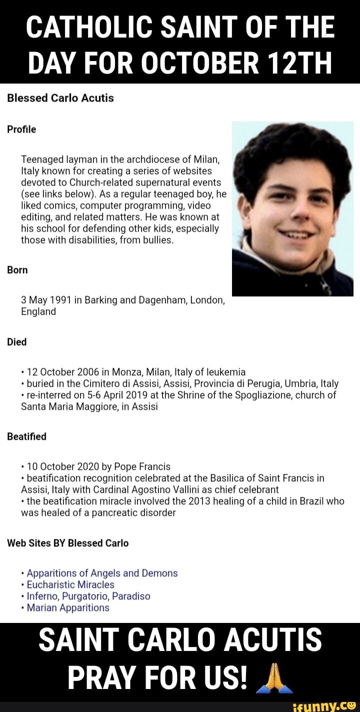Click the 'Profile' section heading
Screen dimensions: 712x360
pos(21,130)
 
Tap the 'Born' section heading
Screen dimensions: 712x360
pos(17,270)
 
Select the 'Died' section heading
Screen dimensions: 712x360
pos(17,342)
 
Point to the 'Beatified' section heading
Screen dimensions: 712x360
pos(26,437)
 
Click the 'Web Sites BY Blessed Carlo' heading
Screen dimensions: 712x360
pos(67,543)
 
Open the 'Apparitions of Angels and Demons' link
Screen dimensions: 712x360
pos(102,573)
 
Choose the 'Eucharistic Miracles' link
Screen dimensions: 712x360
pos(70,585)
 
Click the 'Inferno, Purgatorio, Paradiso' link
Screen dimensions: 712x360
pos(88,596)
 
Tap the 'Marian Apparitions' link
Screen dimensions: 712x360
pos(68,608)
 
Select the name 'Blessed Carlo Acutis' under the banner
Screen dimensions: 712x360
pos(60,98)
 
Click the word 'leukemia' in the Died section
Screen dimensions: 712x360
pos(225,372)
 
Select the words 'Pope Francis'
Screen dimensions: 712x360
pos(145,466)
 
